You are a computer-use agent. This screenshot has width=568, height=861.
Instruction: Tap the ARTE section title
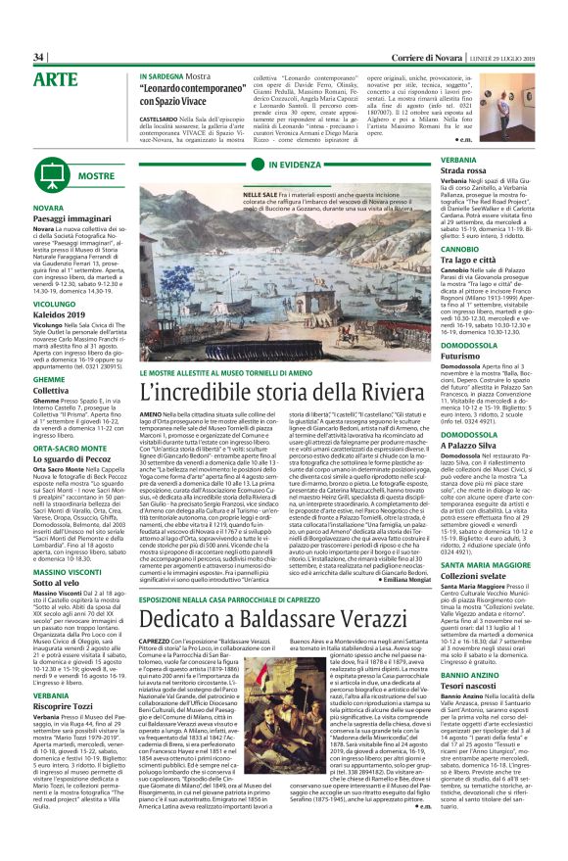(x=56, y=78)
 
